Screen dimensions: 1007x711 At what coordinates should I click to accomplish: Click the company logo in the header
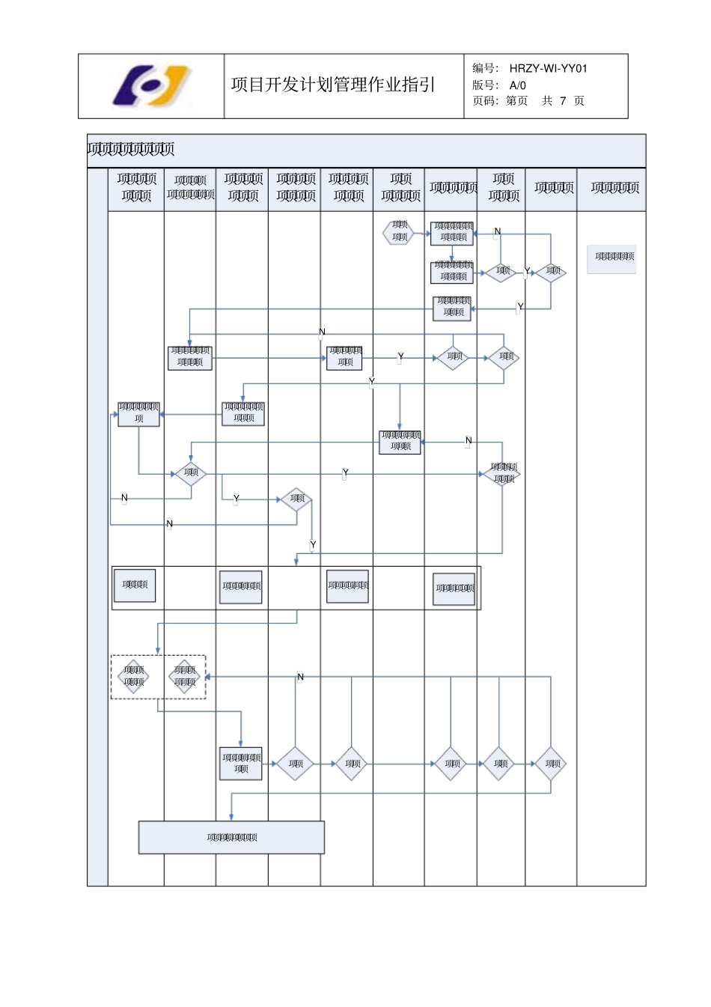[x=152, y=86]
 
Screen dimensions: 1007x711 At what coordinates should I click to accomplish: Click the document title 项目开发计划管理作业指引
[x=333, y=85]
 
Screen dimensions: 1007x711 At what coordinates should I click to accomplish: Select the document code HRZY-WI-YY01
[x=549, y=68]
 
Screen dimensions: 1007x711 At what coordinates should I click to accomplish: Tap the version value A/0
[x=518, y=85]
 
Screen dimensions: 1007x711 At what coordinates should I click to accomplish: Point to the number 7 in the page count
[x=563, y=100]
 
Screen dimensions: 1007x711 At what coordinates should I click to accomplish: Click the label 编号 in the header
[x=485, y=68]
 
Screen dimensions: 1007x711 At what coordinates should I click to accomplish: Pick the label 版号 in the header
[x=485, y=85]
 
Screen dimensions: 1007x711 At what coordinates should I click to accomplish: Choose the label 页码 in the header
[x=485, y=100]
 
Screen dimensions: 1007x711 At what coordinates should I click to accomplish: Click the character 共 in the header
[x=547, y=100]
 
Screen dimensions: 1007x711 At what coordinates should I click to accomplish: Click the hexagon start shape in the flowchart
[x=399, y=231]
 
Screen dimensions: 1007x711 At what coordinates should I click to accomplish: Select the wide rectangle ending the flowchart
[x=231, y=837]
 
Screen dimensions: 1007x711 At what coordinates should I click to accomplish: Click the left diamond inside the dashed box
[x=134, y=676]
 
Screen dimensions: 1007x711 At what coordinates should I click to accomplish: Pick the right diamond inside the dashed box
[x=184, y=676]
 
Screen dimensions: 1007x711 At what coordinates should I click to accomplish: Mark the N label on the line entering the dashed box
[x=300, y=677]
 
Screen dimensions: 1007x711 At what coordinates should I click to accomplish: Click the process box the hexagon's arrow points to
[x=452, y=232]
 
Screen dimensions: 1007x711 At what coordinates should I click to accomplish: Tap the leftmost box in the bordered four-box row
[x=135, y=585]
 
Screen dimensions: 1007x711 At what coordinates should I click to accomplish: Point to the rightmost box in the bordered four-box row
[x=454, y=588]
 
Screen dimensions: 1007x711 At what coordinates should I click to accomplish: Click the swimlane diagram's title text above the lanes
[x=131, y=150]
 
